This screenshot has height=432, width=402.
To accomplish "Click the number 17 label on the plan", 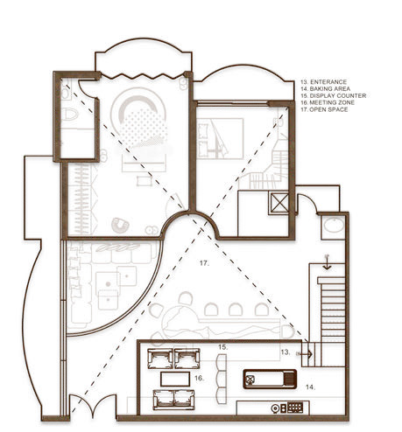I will pyautogui.click(x=203, y=262).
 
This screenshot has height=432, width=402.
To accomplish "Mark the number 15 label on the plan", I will pyautogui.click(x=223, y=348).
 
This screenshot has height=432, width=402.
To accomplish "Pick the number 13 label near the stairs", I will pyautogui.click(x=285, y=352).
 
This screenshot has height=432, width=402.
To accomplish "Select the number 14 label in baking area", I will pyautogui.click(x=310, y=385).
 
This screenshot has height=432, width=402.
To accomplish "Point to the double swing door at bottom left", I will pyautogui.click(x=90, y=407).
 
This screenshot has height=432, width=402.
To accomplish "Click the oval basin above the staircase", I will pyautogui.click(x=332, y=226).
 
